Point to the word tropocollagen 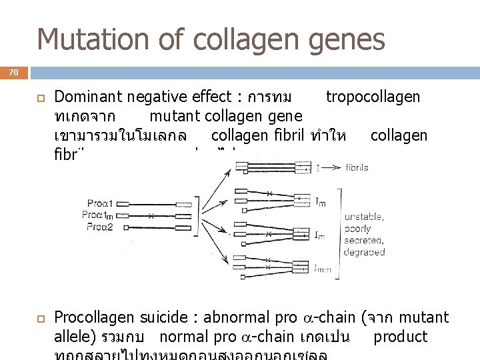(x=373, y=98)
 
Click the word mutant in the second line (x=175, y=117)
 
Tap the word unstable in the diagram (x=363, y=216)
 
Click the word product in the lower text (x=400, y=337)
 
